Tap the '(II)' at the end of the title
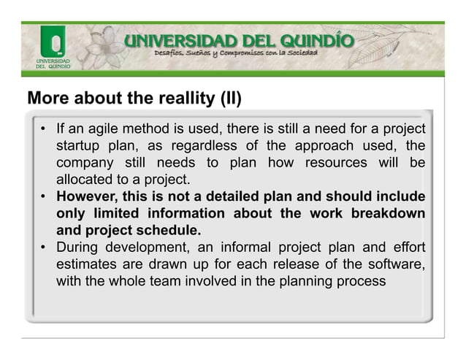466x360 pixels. point(230,98)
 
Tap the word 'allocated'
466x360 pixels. point(88,179)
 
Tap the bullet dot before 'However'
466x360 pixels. point(45,196)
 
